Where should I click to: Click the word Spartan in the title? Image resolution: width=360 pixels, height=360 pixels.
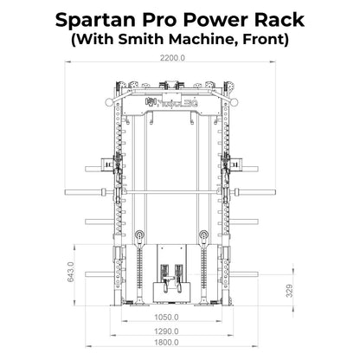click(x=93, y=20)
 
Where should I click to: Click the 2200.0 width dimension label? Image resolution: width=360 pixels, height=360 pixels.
click(x=172, y=58)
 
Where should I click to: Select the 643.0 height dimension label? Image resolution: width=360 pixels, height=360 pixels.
click(x=71, y=272)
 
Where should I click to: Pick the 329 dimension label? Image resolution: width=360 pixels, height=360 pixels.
click(x=290, y=291)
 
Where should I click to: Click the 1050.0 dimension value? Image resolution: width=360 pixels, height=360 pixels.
click(x=166, y=318)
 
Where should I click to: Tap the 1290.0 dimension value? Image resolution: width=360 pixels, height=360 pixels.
click(x=166, y=331)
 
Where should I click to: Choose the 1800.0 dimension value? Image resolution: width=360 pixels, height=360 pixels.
click(x=166, y=343)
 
